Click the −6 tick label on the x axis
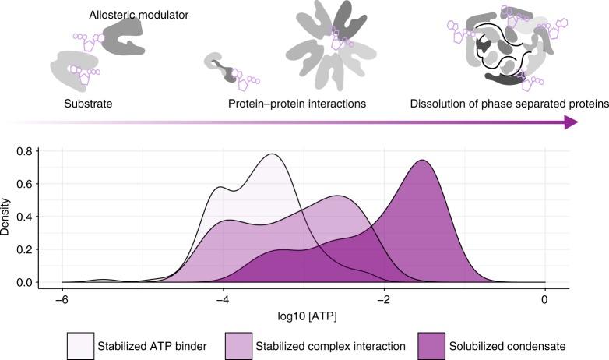[62, 301]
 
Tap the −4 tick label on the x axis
[223, 301]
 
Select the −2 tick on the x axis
[384, 301]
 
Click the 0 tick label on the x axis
[545, 301]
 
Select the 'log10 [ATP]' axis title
[303, 319]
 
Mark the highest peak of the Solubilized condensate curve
[422, 161]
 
